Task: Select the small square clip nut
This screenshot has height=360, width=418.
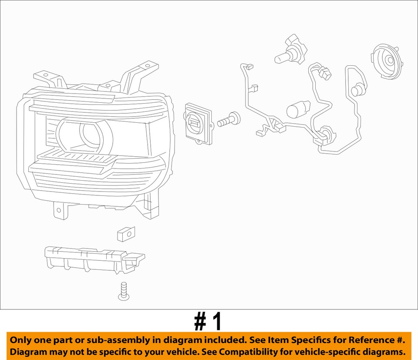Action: [x=126, y=234]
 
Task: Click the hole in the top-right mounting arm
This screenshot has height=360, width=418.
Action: [x=148, y=67]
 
